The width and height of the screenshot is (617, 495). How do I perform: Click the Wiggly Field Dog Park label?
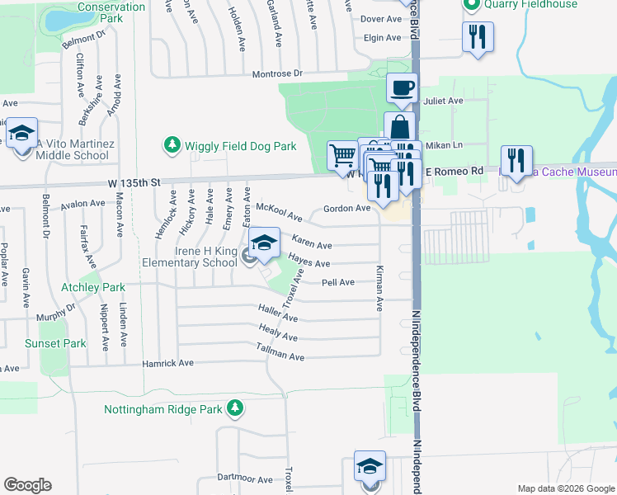coord(239,146)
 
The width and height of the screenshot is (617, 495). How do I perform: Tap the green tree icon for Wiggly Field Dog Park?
coord(172,146)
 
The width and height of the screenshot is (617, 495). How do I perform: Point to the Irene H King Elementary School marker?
coord(263,244)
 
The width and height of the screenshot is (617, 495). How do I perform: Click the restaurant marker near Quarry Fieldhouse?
coord(478,37)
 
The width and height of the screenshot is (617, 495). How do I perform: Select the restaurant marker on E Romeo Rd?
coord(516,160)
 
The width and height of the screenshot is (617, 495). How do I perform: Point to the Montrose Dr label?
coord(276,73)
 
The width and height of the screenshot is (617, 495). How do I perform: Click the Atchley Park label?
coord(93,288)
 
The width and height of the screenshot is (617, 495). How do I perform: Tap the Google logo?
coord(27,485)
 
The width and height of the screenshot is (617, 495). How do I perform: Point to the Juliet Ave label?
coord(443,101)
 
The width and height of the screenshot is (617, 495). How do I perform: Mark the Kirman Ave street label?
coord(379,288)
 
